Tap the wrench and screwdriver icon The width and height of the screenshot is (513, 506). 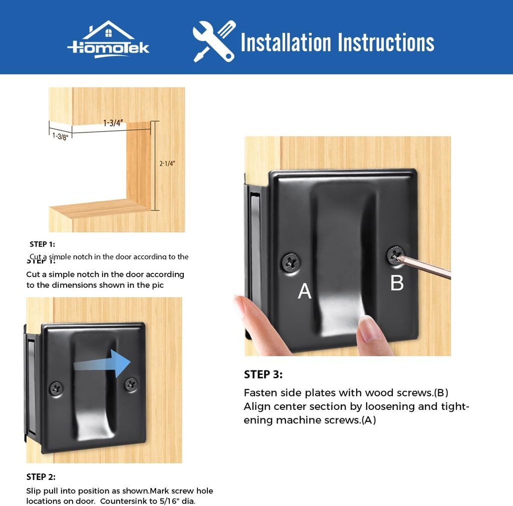coord(214,41)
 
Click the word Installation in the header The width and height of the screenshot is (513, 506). coord(286,43)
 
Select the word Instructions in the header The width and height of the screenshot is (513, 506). coord(386,43)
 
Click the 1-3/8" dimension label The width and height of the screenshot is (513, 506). coord(60,136)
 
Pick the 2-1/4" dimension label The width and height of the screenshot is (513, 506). coord(167,163)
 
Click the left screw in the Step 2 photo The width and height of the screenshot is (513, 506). coord(56,387)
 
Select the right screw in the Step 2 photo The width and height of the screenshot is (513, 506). coord(132,384)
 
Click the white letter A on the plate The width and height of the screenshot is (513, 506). coord(305,291)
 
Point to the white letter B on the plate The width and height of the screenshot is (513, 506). coord(397,283)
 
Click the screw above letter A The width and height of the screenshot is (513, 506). coord(291,261)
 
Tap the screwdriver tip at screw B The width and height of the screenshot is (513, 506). coord(399,257)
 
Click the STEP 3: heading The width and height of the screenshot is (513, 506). coord(264,374)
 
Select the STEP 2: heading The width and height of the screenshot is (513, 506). coord(41,477)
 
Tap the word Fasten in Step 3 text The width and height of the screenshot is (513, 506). coord(260,392)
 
